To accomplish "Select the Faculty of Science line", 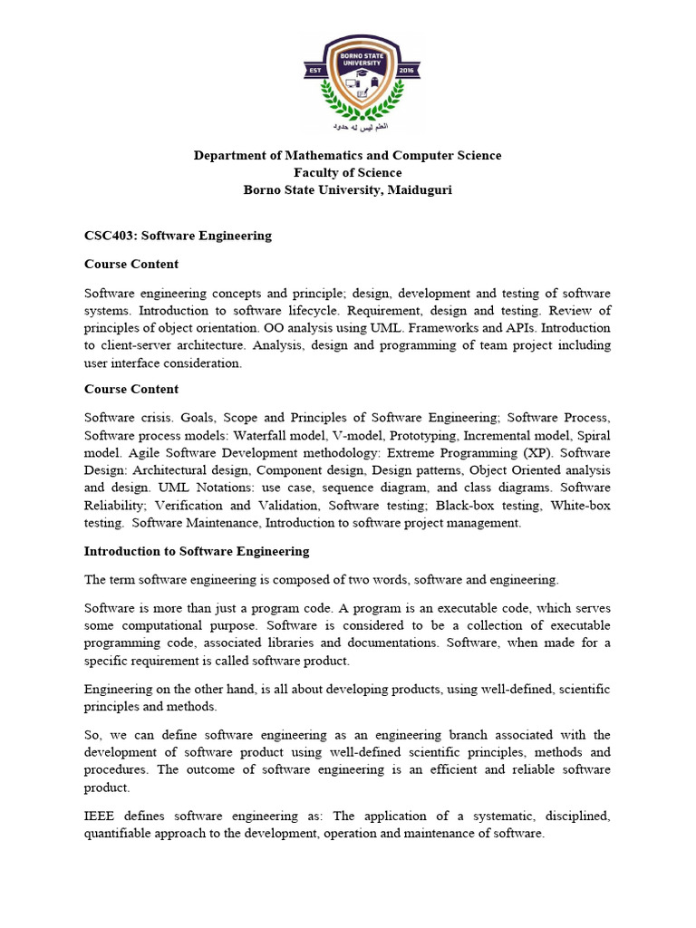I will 347,172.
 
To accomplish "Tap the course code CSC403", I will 106,235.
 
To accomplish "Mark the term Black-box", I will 466,505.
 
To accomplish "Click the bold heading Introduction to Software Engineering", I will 197,551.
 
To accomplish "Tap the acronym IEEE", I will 101,817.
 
